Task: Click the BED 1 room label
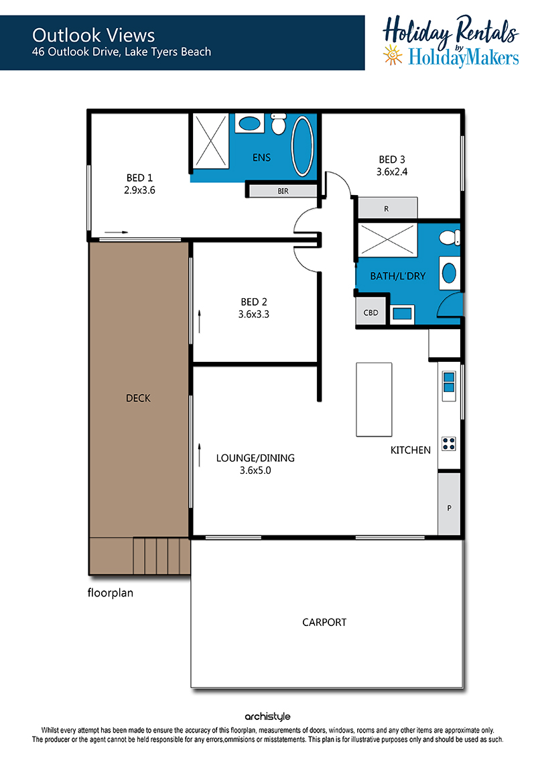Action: pos(139,178)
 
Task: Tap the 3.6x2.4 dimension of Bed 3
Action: pos(392,172)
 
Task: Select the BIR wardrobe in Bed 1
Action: pos(283,191)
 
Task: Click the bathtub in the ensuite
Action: pos(303,145)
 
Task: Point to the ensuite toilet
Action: pos(279,124)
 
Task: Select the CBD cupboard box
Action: pos(371,312)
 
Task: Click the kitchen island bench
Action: pos(374,400)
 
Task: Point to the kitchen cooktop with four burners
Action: pos(448,444)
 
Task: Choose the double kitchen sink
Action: pos(449,382)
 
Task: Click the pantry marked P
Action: pos(449,504)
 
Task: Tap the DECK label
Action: pos(138,398)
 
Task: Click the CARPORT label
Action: pos(324,622)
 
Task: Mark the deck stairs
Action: pos(161,556)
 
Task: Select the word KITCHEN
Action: pos(410,450)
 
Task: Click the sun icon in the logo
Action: pos(393,55)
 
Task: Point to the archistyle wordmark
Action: pos(267,716)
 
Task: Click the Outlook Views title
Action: pos(93,36)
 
